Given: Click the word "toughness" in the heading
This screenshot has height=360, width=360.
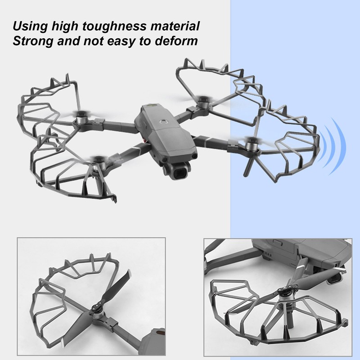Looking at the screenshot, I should click(x=107, y=27).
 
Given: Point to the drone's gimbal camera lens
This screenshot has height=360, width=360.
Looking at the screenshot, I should click(x=180, y=171).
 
